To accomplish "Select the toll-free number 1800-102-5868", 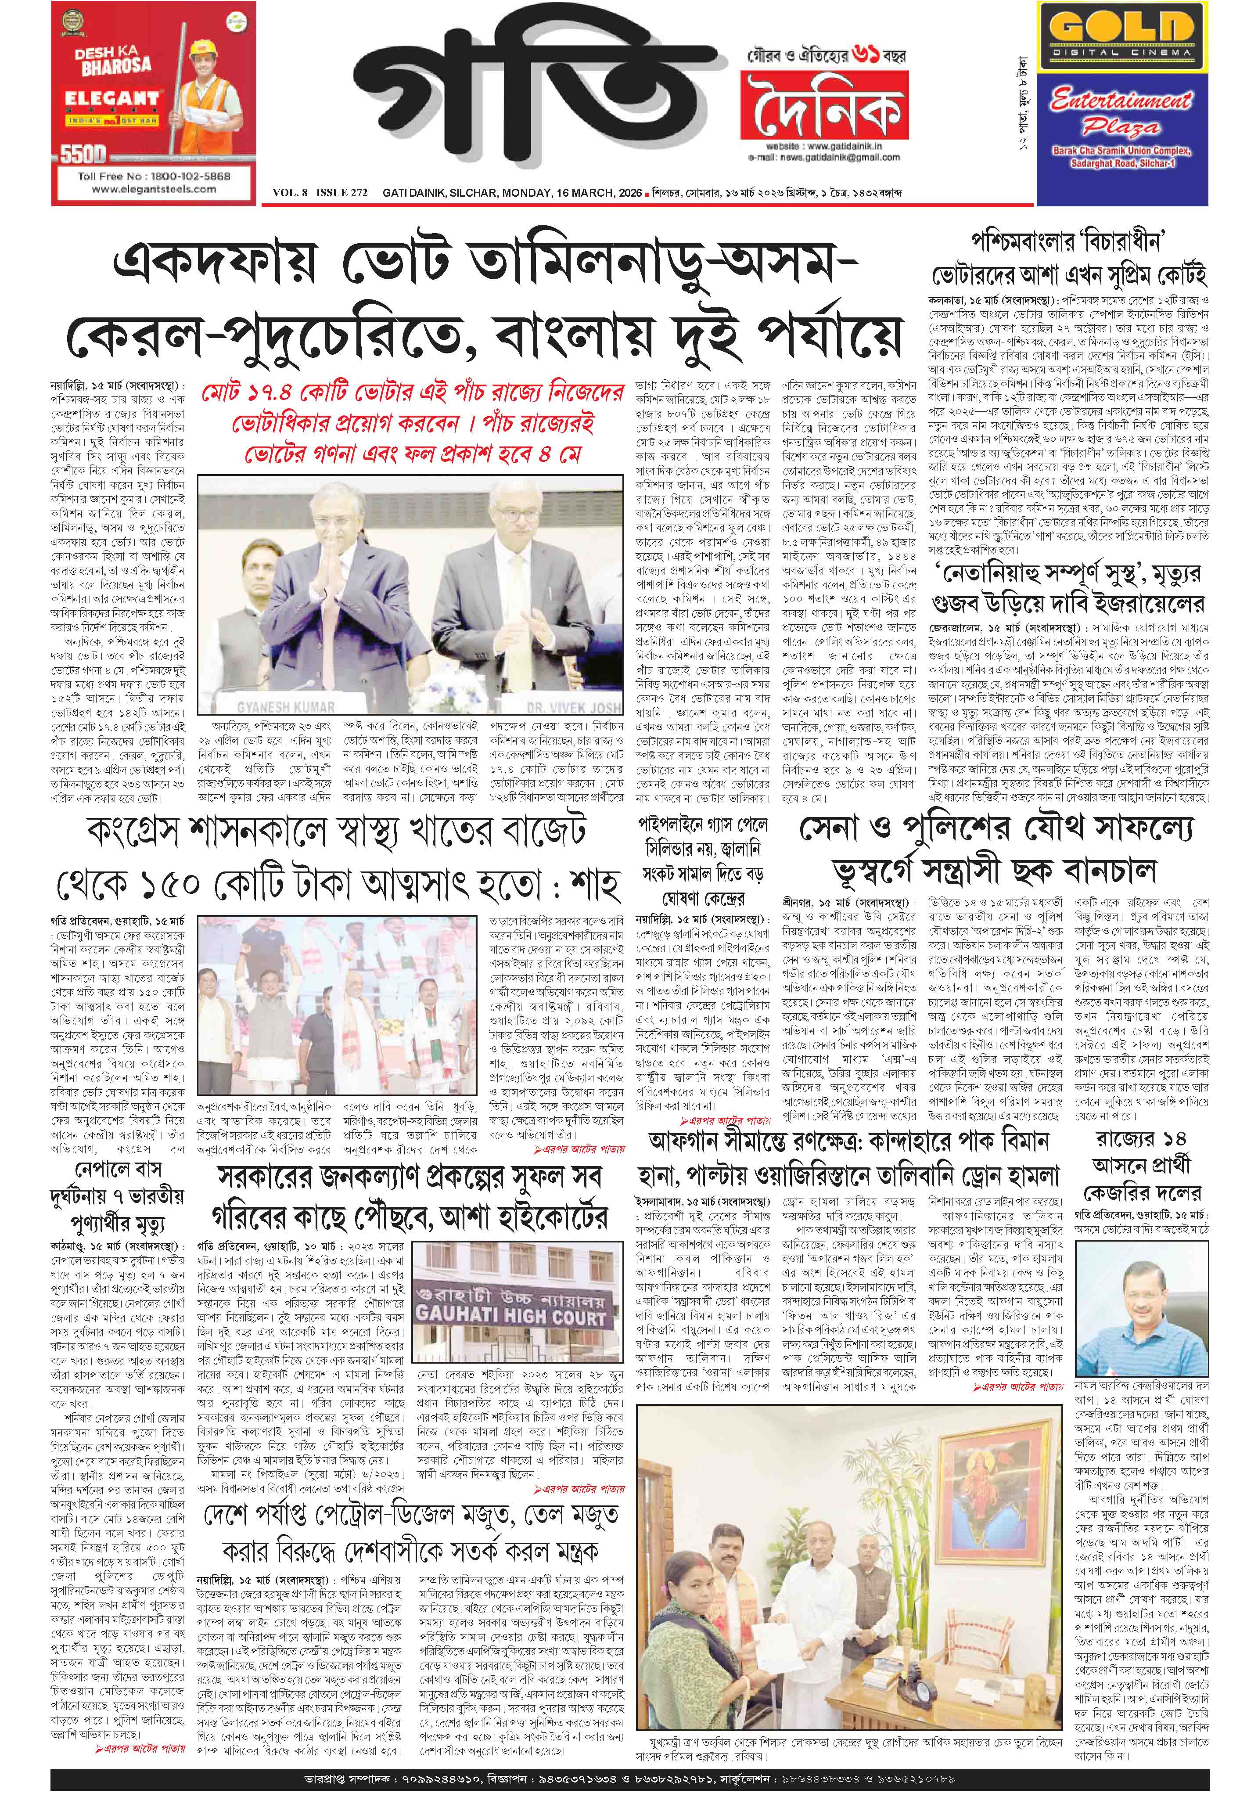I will (x=154, y=176).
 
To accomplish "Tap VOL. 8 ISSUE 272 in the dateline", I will (x=319, y=193).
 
